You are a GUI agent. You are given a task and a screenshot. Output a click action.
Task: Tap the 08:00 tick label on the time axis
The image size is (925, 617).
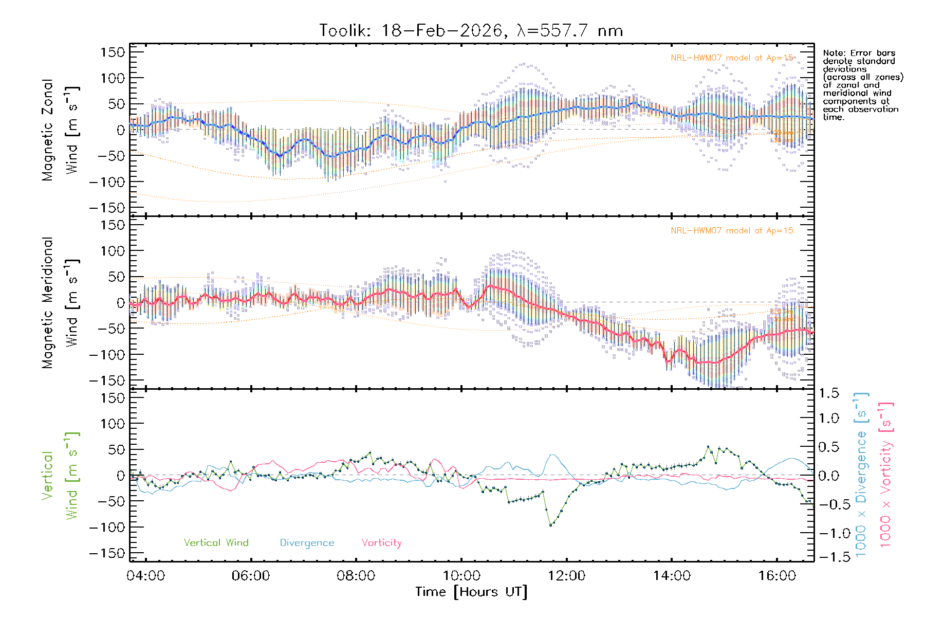pyautogui.click(x=356, y=576)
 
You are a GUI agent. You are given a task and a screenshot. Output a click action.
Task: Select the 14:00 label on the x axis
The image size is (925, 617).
pyautogui.click(x=672, y=576)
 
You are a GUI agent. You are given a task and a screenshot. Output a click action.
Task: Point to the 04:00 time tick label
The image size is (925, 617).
pyautogui.click(x=146, y=576)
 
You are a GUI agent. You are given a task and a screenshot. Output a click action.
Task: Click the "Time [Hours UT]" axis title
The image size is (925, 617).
pyautogui.click(x=471, y=592)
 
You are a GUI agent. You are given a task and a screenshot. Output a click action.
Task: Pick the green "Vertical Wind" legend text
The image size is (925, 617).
pyautogui.click(x=216, y=543)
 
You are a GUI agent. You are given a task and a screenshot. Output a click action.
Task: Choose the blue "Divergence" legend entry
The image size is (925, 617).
pyautogui.click(x=307, y=543)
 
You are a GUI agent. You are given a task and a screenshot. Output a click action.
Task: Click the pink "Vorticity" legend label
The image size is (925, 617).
pyautogui.click(x=381, y=543)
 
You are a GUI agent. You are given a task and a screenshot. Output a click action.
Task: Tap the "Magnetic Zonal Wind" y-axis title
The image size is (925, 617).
pyautogui.click(x=60, y=130)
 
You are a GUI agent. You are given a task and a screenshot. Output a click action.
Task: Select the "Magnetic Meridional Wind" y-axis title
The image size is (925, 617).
pyautogui.click(x=60, y=303)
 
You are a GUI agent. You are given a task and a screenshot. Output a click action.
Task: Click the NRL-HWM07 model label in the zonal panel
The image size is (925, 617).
pyautogui.click(x=732, y=58)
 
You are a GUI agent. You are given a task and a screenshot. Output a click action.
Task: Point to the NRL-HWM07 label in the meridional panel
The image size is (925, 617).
pyautogui.click(x=732, y=231)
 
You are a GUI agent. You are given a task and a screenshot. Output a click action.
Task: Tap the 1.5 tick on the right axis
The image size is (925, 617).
pyautogui.click(x=828, y=393)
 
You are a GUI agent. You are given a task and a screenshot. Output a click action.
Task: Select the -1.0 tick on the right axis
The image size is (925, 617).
pyautogui.click(x=828, y=533)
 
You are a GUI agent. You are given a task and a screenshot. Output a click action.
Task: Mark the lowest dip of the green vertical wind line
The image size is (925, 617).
pyautogui.click(x=551, y=525)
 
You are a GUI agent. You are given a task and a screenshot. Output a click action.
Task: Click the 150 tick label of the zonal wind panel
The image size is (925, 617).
pyautogui.click(x=113, y=52)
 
